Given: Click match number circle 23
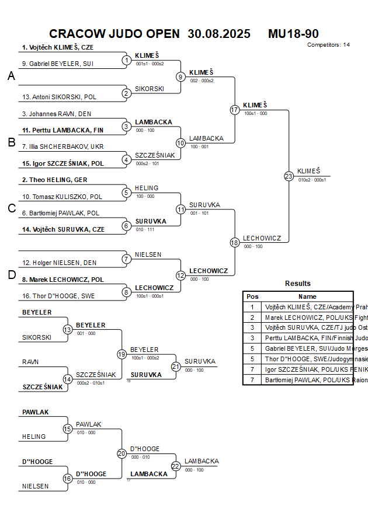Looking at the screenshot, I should (289, 176).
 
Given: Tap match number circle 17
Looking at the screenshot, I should (234, 110).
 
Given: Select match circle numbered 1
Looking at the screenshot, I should (126, 60).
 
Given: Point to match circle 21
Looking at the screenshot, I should (176, 366).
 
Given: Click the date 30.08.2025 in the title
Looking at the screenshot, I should (219, 34).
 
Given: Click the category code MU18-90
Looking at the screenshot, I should (293, 34).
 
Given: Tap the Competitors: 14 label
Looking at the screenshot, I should (328, 45).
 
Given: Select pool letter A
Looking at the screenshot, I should (11, 76).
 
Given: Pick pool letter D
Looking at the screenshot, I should (11, 275).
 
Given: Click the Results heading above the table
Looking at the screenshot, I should (298, 284).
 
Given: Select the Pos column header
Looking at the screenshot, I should (252, 296).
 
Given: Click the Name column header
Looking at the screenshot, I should (307, 296).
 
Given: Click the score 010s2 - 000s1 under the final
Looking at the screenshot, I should (312, 180).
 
